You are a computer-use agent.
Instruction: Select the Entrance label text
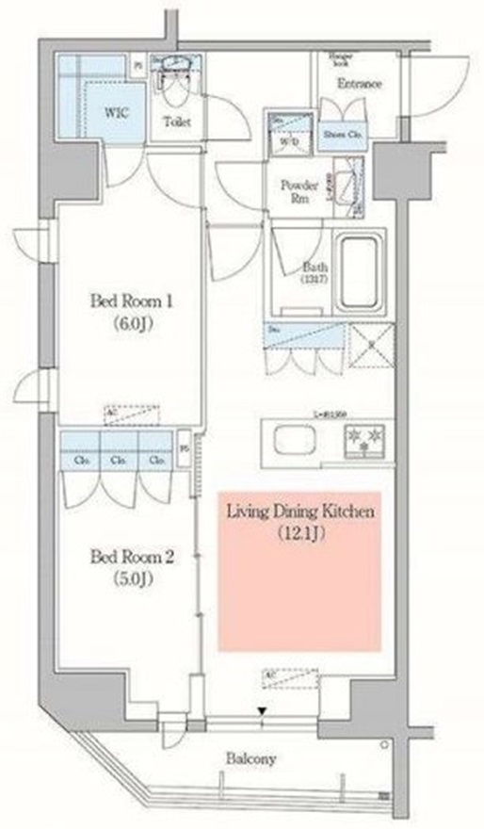pos(358,84)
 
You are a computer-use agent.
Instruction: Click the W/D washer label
pos(285,141)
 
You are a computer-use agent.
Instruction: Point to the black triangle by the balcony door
pos(263,712)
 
